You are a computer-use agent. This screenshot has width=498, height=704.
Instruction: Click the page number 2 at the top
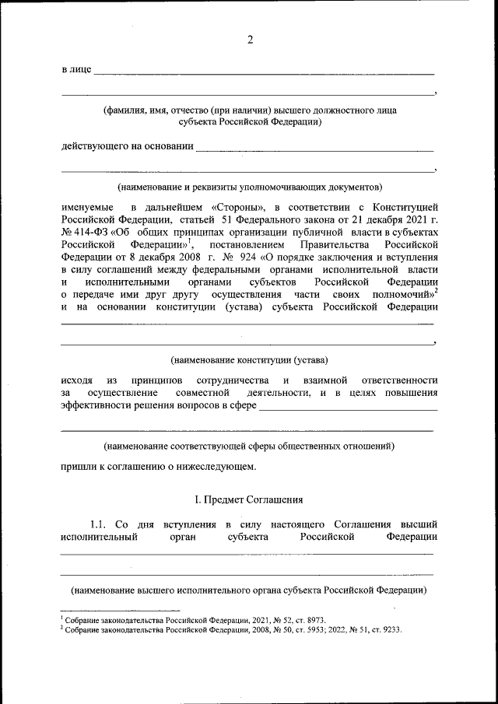(250, 40)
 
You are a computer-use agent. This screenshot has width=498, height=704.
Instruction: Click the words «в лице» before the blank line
(75, 71)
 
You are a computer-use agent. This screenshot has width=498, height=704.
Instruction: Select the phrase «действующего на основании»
(127, 146)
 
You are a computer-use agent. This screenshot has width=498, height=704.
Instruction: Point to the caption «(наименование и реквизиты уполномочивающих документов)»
(250, 187)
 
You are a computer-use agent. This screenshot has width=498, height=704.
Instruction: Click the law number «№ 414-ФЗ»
(84, 232)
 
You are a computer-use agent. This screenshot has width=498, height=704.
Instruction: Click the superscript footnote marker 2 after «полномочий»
(436, 291)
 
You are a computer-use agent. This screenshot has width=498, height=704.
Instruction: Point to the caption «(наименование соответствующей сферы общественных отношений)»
(250, 447)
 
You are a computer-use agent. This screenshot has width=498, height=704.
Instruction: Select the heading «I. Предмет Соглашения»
(248, 499)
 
